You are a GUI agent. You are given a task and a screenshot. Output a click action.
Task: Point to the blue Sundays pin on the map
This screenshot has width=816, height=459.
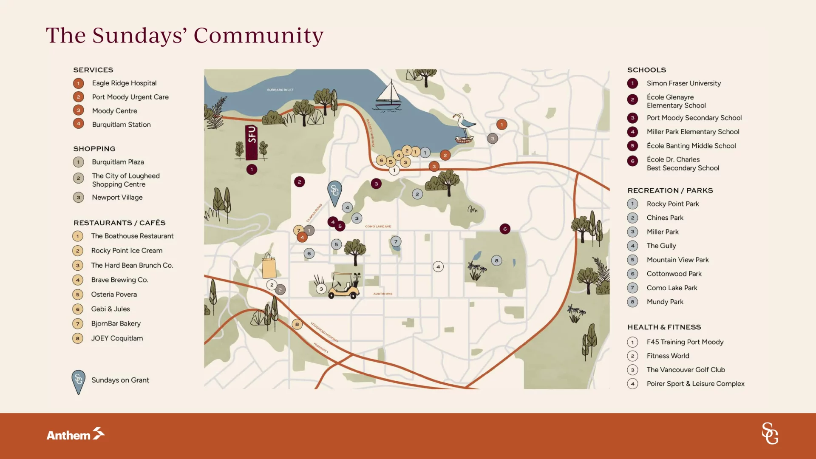coord(334,193)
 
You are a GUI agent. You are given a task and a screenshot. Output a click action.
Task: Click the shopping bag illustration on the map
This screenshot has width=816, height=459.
coord(269,266)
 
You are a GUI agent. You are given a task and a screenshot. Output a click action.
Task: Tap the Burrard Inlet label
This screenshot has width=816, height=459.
coord(280,90)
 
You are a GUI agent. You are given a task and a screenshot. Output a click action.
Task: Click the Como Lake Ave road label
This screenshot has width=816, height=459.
coord(378,227)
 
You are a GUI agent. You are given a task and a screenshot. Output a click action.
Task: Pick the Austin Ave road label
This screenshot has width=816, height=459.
coord(382,294)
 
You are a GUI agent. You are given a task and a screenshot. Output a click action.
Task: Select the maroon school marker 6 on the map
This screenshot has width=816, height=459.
coord(505,229)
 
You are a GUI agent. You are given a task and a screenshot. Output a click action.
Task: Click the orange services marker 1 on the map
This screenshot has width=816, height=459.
coord(501,125)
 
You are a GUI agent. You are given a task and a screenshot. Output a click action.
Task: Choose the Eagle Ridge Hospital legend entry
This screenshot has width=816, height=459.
coord(124,83)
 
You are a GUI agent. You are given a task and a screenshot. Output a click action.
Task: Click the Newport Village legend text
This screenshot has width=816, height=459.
coord(117,198)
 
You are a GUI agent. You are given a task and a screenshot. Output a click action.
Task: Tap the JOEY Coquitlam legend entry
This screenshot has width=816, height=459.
coord(117,338)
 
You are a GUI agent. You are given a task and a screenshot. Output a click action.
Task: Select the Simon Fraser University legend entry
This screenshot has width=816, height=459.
coord(683,83)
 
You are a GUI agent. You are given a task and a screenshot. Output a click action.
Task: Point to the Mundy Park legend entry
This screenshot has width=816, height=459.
coord(665,302)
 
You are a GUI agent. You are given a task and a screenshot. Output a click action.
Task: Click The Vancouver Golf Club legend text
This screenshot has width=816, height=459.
coord(686,370)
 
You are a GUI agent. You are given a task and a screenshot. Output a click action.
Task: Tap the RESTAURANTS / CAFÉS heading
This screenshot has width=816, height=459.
coord(119,223)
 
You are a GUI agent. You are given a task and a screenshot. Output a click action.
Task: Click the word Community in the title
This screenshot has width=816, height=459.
coord(258,35)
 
